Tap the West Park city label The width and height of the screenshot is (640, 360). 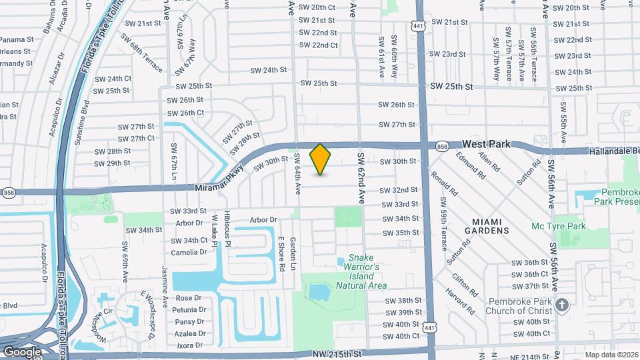pyautogui.click(x=486, y=144)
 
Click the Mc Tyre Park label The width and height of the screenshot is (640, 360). pyautogui.click(x=558, y=226)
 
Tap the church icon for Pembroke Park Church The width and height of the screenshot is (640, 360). pyautogui.click(x=561, y=305)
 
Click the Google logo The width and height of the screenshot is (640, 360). pyautogui.click(x=21, y=351)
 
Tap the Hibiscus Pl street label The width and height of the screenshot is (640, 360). pyautogui.click(x=227, y=228)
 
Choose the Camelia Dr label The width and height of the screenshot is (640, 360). pyautogui.click(x=189, y=253)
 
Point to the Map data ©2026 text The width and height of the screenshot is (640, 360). pyautogui.click(x=611, y=355)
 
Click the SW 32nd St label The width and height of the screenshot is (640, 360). pyautogui.click(x=399, y=190)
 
